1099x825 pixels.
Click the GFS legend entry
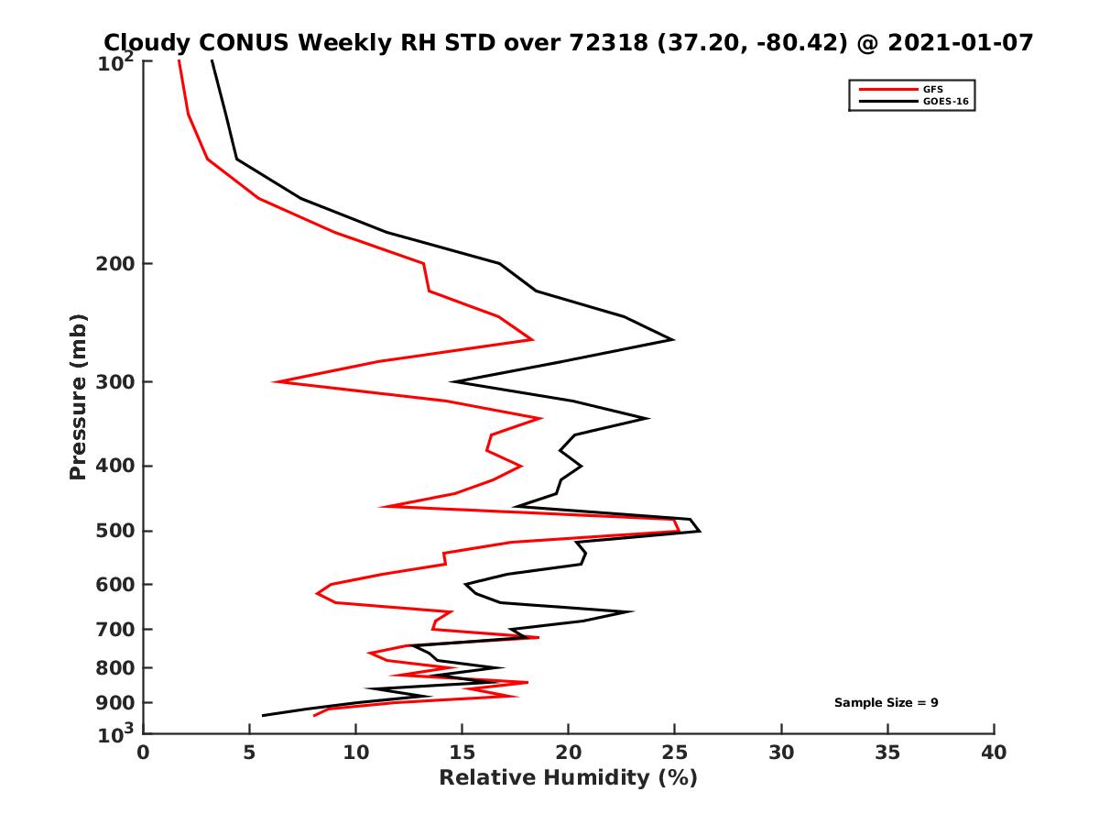[x=934, y=89]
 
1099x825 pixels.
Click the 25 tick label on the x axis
[x=675, y=753]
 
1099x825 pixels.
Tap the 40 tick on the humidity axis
[x=994, y=753]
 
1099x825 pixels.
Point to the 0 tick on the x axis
[x=144, y=753]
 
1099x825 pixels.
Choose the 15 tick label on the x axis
[x=462, y=753]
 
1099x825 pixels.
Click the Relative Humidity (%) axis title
[x=568, y=778]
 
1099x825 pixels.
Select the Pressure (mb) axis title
[x=78, y=397]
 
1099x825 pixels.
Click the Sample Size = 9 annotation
[x=886, y=703]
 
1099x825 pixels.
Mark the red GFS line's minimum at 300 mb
[x=276, y=381]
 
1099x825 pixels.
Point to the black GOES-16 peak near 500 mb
[x=700, y=531]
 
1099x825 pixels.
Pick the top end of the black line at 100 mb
[x=212, y=60]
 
